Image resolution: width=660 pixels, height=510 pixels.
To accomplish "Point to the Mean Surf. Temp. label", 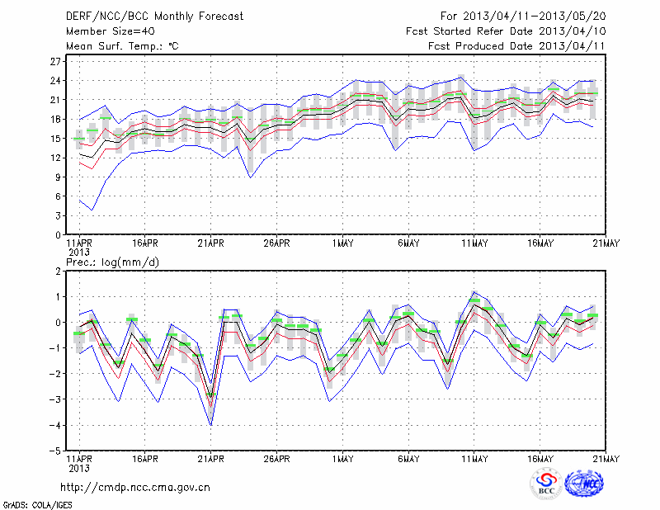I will point(122,46).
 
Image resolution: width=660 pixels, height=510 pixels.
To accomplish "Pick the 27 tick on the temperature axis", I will point(56,62).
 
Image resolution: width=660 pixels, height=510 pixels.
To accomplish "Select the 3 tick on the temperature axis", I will point(59,215).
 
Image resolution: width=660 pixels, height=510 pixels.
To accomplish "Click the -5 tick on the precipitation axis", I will point(55,451).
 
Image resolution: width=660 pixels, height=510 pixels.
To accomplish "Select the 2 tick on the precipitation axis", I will point(59,271).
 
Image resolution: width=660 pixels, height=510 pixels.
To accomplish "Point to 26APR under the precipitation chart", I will point(276,459).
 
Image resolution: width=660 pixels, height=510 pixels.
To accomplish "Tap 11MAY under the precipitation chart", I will point(474,459).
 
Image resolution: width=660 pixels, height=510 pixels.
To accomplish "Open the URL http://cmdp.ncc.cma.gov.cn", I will point(135,487).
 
